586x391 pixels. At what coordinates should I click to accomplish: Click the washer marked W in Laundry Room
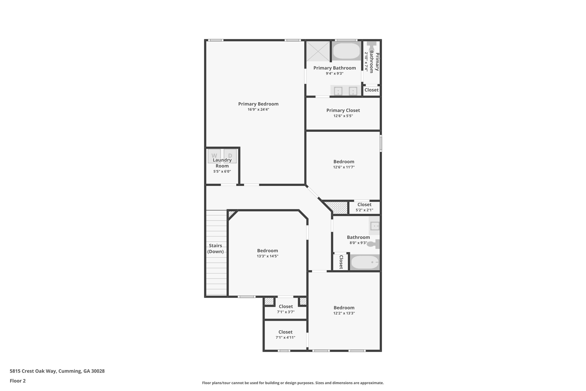click(214, 156)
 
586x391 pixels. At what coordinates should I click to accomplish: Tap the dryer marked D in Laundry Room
click(230, 156)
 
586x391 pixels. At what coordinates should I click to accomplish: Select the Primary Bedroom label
click(258, 104)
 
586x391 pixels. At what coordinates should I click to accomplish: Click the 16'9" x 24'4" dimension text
click(258, 109)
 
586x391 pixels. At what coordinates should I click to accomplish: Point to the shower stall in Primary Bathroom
click(318, 51)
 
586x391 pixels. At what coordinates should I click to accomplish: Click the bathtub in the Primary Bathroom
click(347, 51)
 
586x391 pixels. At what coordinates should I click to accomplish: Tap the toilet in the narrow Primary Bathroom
click(372, 46)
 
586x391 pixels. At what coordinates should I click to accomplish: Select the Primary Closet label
click(343, 110)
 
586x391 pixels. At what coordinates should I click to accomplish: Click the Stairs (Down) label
click(215, 249)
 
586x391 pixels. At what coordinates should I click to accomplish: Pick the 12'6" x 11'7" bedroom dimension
click(344, 167)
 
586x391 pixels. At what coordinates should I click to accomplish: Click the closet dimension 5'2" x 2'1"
click(364, 210)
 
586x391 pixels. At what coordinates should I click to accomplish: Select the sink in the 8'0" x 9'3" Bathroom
click(374, 226)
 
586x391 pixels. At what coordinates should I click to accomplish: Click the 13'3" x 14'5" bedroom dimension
click(267, 256)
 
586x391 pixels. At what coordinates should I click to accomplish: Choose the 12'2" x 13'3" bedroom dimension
click(344, 313)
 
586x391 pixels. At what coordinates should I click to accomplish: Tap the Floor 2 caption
click(18, 381)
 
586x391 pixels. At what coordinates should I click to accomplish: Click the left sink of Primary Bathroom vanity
click(338, 91)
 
